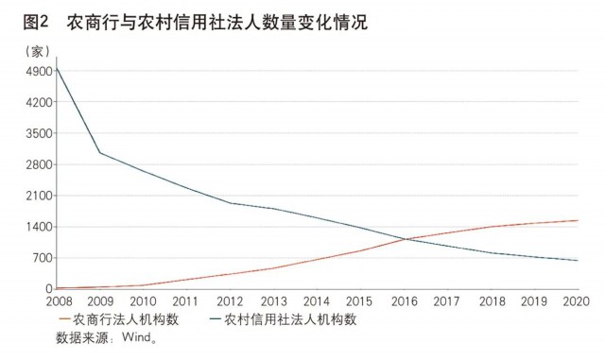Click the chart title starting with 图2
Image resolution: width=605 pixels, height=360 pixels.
pos(184,20)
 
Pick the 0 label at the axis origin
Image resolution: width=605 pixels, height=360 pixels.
pos(46,289)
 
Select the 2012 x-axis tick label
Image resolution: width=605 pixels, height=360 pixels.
pos(230,302)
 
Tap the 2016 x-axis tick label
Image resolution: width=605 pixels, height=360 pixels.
pos(404,302)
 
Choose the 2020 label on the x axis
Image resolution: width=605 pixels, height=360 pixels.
pos(577,302)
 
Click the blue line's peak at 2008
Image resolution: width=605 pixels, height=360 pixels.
pos(57,67)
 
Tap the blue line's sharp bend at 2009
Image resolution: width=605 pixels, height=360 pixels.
pos(100,153)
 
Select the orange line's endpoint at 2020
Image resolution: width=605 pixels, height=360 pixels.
pos(577,221)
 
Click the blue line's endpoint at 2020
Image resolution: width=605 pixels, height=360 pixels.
pos(577,261)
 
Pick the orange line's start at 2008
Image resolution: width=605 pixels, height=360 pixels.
pos(57,288)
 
